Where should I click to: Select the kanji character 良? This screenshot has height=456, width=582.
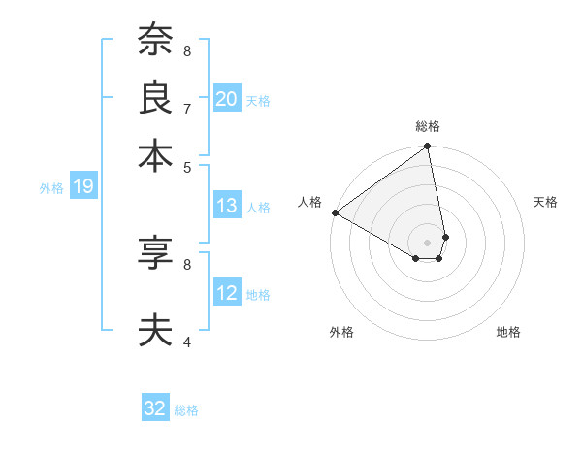[155, 97]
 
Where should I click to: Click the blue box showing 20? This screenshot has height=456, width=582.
[227, 99]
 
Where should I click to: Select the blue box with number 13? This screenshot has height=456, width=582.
[227, 206]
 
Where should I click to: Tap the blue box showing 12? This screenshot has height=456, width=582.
[227, 294]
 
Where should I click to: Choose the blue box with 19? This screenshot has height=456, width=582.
[83, 187]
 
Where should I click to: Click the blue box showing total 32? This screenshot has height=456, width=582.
[155, 408]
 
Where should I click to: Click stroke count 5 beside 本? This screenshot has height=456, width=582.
[187, 166]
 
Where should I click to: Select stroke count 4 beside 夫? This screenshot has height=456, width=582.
[187, 342]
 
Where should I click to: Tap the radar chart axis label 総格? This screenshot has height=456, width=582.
[428, 126]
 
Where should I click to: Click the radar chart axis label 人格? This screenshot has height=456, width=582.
[310, 202]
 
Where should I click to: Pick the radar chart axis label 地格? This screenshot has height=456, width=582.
[508, 332]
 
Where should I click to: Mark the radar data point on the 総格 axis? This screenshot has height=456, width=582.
[428, 147]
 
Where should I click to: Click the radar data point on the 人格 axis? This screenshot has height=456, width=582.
[335, 212]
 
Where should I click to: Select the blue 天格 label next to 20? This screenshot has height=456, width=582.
[258, 100]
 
